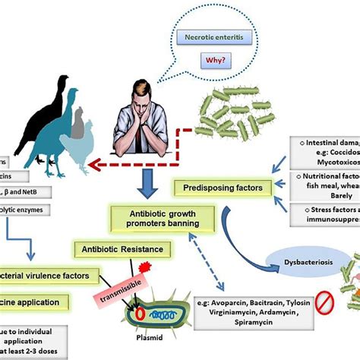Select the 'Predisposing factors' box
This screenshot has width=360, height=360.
(217, 186)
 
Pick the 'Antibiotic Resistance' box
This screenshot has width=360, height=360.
(121, 248)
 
